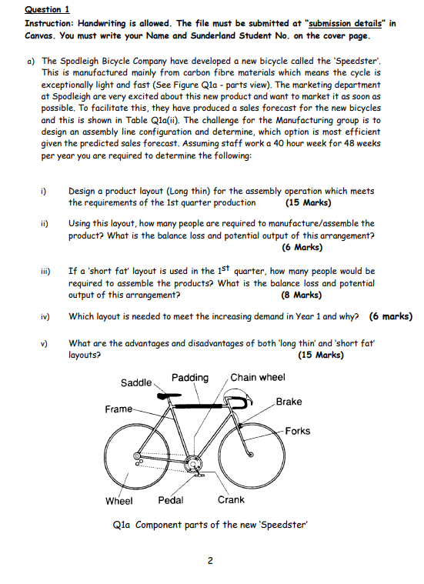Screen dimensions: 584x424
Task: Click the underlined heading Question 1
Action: pos(47,9)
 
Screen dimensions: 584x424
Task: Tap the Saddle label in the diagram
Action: pos(135,382)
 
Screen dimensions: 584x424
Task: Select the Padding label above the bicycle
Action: pos(190,377)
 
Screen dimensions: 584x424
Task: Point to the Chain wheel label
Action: pos(258,377)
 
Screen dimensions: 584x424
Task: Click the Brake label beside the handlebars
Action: pos(289,402)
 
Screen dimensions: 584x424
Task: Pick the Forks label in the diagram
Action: pos(297,431)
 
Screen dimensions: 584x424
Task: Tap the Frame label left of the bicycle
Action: pos(118,409)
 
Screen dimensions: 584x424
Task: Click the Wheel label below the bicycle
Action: pos(119,500)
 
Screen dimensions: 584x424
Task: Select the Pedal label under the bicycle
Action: pos(170,500)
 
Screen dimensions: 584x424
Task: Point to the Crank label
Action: pos(231,500)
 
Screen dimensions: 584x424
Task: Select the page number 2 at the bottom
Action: pos(209,560)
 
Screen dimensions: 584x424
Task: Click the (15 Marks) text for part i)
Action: pos(308,203)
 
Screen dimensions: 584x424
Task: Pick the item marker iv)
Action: pos(45,316)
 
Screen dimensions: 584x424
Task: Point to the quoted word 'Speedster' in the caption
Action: pos(285,526)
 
